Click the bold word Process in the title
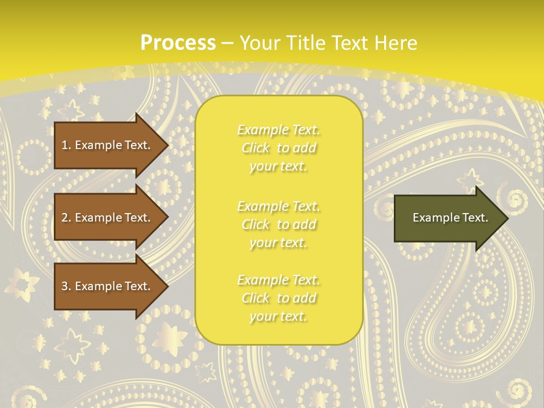click(178, 43)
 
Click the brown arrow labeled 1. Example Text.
click(108, 145)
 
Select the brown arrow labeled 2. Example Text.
click(108, 218)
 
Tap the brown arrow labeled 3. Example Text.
click(108, 286)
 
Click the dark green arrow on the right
click(448, 218)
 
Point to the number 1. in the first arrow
click(66, 145)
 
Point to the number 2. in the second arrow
click(66, 218)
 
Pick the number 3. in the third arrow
click(66, 286)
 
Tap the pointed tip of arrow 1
click(167, 145)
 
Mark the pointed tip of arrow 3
click(167, 286)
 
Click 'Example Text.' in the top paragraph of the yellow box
click(278, 130)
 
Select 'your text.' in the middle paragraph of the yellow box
click(278, 243)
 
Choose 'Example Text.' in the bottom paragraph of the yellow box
click(278, 280)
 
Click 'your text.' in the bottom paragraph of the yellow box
click(278, 316)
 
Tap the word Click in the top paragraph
click(256, 148)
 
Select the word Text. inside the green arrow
click(474, 218)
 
